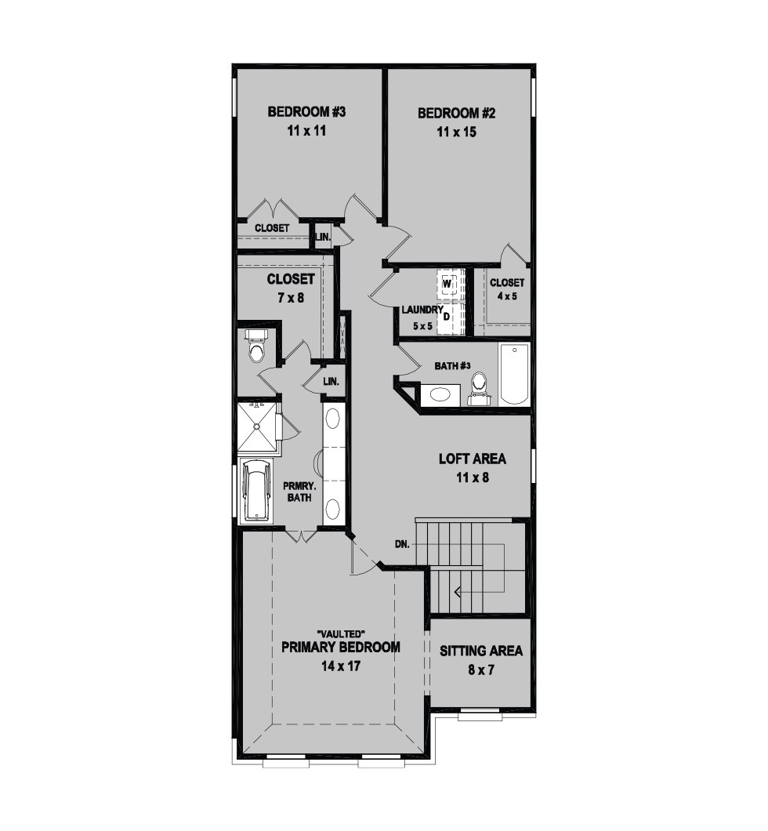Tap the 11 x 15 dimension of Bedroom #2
point(457,132)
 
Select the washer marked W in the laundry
point(447,285)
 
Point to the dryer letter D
point(447,317)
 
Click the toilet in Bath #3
point(480,390)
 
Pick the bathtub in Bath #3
point(514,374)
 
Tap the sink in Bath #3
point(439,394)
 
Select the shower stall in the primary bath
point(258,426)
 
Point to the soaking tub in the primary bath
point(256,490)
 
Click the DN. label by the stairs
point(402,544)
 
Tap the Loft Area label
point(472,459)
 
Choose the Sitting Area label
point(481,651)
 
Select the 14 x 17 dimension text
point(341,666)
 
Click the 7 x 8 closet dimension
point(291,298)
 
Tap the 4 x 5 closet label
point(507,296)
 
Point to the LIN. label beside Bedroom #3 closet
point(323,238)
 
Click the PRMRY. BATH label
point(297,492)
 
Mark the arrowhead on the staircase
point(457,591)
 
